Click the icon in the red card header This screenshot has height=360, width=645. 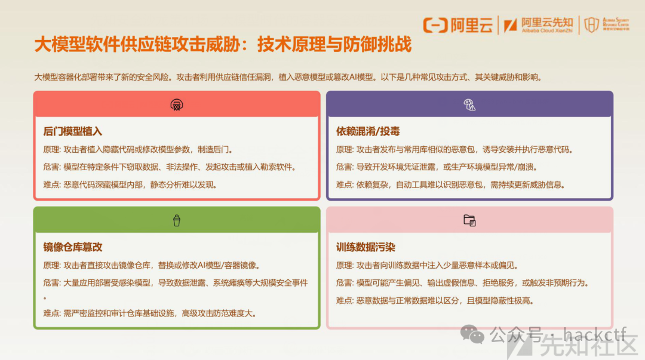pyautogui.click(x=176, y=105)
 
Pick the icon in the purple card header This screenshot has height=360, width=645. pyautogui.click(x=469, y=105)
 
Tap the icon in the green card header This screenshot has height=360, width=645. pyautogui.click(x=176, y=221)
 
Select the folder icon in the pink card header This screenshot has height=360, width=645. pyautogui.click(x=469, y=220)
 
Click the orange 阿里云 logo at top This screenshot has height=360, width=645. pyautogui.click(x=458, y=25)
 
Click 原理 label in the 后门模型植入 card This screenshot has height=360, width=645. pyautogui.click(x=51, y=149)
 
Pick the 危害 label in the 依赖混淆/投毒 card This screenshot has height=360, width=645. pyautogui.click(x=344, y=167)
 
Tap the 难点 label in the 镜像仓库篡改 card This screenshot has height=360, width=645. pyautogui.click(x=51, y=313)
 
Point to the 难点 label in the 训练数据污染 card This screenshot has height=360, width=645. pyautogui.click(x=344, y=300)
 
